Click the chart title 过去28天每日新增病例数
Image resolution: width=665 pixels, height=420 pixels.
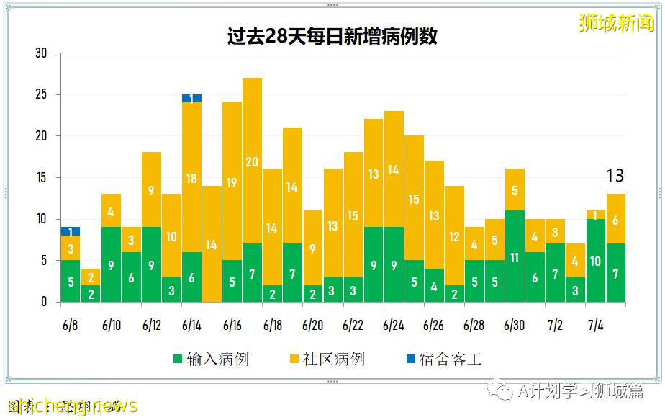coord(332,37)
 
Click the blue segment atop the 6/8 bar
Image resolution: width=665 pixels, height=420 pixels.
coord(71,231)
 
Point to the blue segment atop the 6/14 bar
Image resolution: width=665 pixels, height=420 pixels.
coord(191,99)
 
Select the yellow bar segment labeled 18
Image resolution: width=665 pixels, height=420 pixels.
coord(191,178)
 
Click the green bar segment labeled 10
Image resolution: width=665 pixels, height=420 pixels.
coord(595,261)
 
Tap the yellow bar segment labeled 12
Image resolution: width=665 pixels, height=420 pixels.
coord(453,236)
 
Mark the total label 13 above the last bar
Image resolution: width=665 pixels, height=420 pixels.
coord(615,176)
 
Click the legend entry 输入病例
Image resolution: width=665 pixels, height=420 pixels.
coord(211,359)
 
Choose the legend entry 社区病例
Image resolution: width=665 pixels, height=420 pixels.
coord(327,359)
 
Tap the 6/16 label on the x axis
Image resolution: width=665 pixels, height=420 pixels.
coord(232,326)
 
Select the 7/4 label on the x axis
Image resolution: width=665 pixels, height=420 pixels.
coord(595,326)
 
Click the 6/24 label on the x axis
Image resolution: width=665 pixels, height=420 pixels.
coord(393,326)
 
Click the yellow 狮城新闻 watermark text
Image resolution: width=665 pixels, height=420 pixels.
coord(616,23)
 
